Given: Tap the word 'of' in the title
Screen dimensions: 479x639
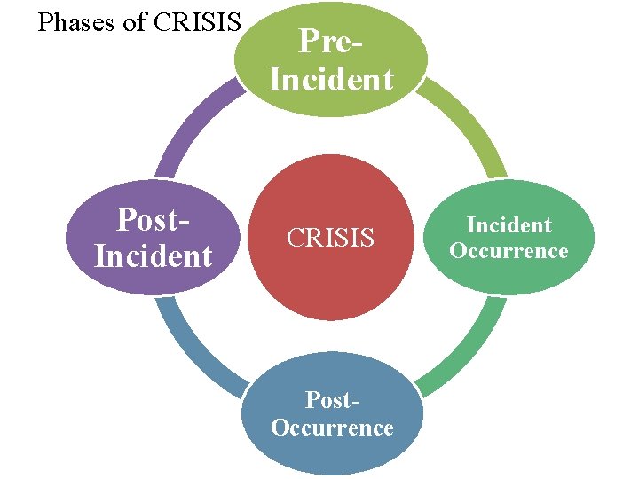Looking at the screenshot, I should pyautogui.click(x=135, y=22).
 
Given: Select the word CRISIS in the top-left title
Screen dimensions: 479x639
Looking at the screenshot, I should pyautogui.click(x=197, y=22).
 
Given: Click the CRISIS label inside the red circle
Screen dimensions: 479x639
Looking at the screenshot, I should pyautogui.click(x=330, y=238).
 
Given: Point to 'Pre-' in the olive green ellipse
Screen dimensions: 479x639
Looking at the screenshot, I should pyautogui.click(x=331, y=41).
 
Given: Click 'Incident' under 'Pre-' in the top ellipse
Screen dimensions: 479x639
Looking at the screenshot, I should pyautogui.click(x=331, y=80).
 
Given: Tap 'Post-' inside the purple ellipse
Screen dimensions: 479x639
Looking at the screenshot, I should pyautogui.click(x=154, y=218).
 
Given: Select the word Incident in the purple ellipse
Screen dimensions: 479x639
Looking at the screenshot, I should pyautogui.click(x=154, y=257).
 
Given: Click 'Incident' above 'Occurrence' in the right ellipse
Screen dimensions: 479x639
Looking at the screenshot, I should pyautogui.click(x=509, y=225).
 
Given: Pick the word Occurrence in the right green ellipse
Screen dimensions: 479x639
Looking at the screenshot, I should pyautogui.click(x=509, y=251).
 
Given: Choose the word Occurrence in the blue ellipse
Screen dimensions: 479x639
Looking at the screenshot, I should pyautogui.click(x=332, y=428).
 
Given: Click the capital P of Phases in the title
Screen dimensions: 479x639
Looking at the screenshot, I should pyautogui.click(x=45, y=22).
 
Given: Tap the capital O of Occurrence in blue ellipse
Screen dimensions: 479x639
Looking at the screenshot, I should pyautogui.click(x=280, y=428).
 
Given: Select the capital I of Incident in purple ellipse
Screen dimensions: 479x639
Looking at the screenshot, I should pyautogui.click(x=99, y=257).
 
